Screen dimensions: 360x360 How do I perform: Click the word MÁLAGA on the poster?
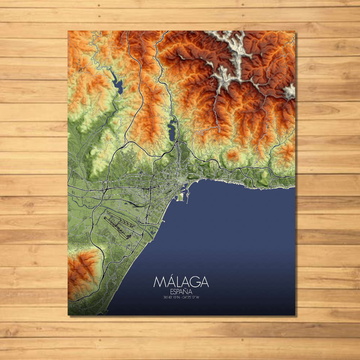pos(181,282)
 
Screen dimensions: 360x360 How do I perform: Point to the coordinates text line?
pos(181,297)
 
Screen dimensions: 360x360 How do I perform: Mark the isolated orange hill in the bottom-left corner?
pos(83,268)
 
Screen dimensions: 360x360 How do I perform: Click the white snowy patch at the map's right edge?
pos(289,91)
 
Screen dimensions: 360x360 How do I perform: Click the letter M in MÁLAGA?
pos(159,282)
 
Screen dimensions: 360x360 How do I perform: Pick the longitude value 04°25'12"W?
pos(191,297)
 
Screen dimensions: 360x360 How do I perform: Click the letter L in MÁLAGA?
pos(176,282)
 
